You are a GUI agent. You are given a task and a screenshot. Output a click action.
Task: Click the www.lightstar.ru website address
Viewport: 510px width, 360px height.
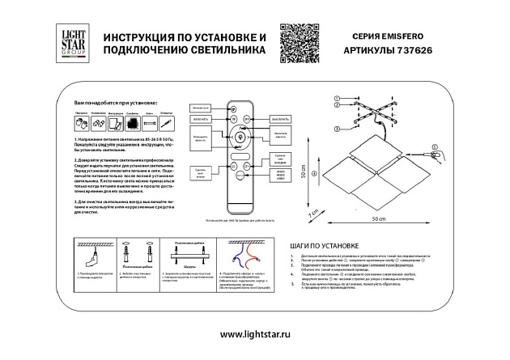tap(255, 334)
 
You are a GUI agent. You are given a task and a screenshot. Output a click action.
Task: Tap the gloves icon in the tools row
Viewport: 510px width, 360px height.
tap(81, 124)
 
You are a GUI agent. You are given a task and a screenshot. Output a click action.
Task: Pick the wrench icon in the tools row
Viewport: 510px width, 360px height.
tap(97, 124)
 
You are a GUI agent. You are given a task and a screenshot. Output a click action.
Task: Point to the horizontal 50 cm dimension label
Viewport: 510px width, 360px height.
tap(377, 219)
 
